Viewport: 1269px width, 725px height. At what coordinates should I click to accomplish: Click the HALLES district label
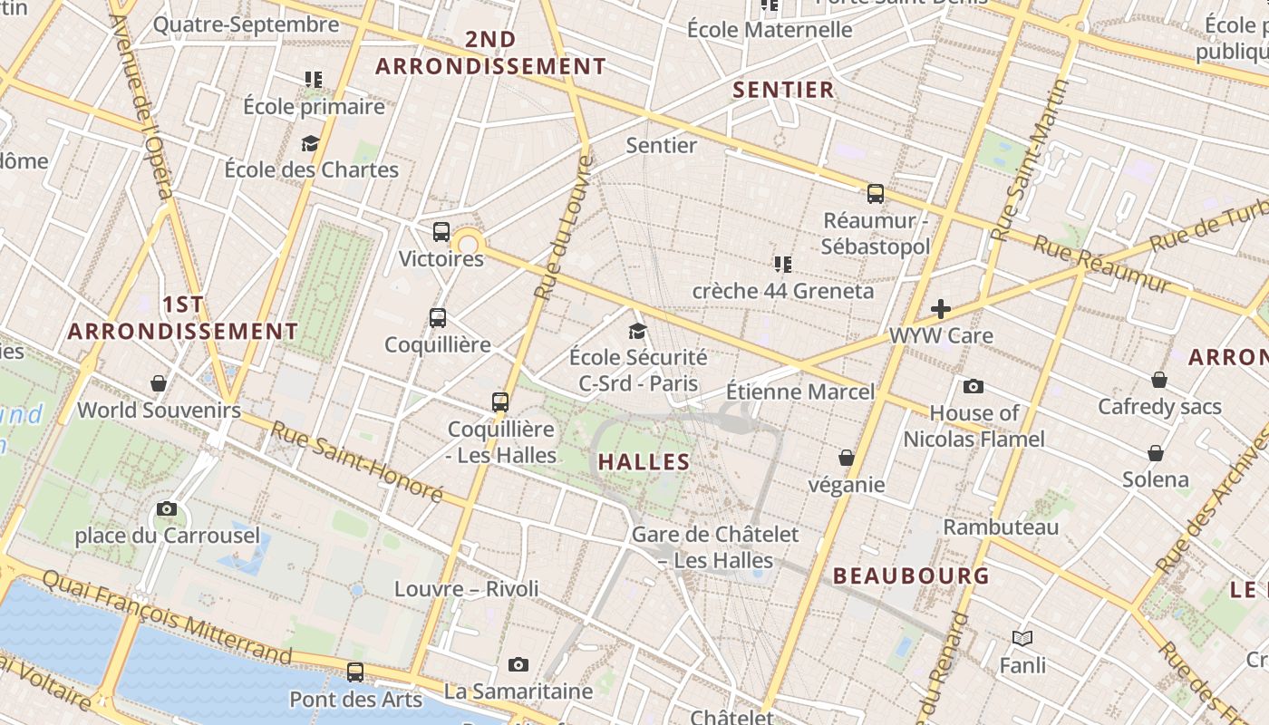(x=644, y=462)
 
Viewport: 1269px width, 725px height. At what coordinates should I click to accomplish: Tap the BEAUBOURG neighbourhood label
(x=911, y=575)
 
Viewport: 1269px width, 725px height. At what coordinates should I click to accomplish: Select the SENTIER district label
(x=783, y=90)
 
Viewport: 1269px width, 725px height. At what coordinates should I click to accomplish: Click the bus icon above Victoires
(x=441, y=232)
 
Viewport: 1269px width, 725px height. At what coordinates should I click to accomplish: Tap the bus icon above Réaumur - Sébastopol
(x=875, y=193)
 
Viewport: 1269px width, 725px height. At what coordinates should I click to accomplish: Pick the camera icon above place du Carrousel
(x=166, y=509)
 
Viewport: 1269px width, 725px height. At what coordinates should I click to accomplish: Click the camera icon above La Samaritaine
(x=518, y=665)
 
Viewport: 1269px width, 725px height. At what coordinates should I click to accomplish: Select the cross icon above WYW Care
(x=941, y=309)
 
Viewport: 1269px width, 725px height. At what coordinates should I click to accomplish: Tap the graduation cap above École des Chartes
(x=311, y=143)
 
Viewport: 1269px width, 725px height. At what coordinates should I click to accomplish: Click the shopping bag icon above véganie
(x=846, y=459)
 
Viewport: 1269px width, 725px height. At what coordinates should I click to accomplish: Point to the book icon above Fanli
(x=1022, y=639)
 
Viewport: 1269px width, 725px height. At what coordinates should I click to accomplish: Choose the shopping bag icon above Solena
(x=1156, y=453)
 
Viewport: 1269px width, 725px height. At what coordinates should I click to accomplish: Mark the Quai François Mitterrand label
(x=167, y=616)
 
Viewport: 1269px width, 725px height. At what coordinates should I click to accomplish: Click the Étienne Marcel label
(x=800, y=391)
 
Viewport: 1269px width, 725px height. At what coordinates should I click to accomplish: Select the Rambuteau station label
(x=1001, y=527)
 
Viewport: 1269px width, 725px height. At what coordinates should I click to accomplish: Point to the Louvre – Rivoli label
(x=466, y=589)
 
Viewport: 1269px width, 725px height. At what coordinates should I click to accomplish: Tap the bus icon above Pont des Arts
(x=355, y=672)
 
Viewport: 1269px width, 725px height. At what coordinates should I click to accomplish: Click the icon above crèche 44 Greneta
(x=783, y=265)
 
